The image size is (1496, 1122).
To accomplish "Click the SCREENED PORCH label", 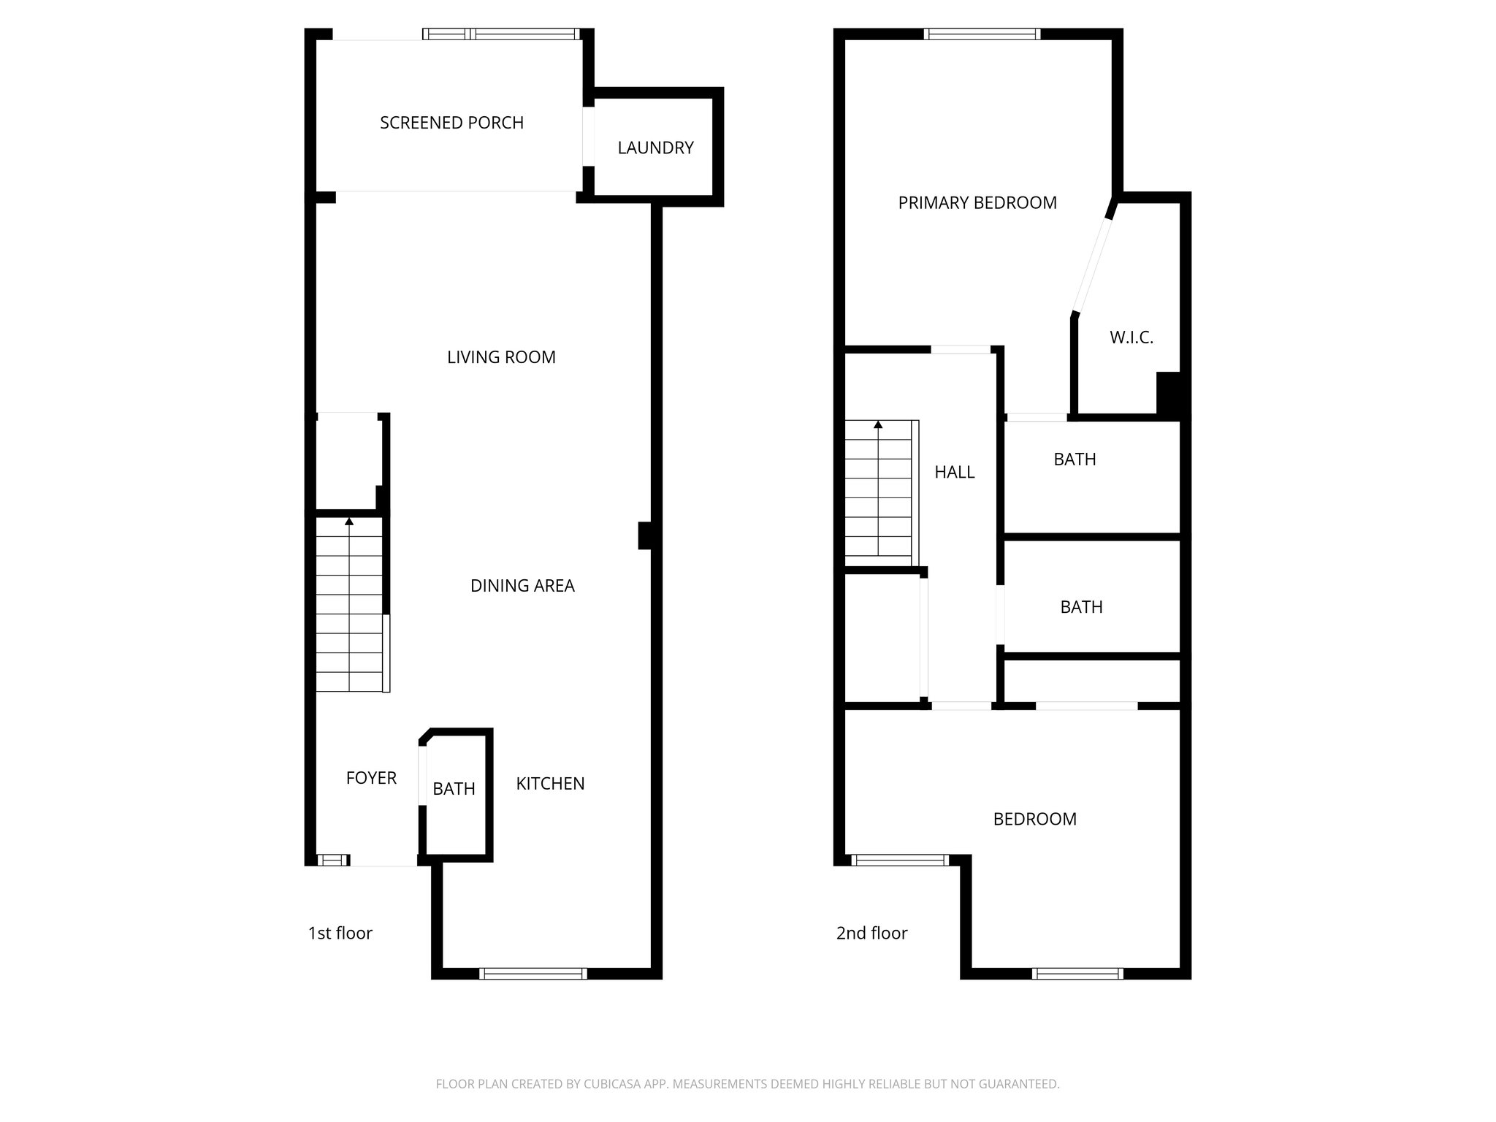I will click(x=451, y=123).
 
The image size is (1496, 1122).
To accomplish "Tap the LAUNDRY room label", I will click(x=655, y=148).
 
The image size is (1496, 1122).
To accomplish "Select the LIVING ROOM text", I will click(x=501, y=357).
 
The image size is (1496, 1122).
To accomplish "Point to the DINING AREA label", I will click(x=522, y=586).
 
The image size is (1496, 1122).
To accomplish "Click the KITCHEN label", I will click(x=550, y=784).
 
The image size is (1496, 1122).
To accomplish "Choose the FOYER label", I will click(x=371, y=778).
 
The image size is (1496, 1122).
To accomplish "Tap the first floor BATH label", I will click(x=454, y=789).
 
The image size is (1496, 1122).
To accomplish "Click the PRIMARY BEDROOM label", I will click(x=977, y=203).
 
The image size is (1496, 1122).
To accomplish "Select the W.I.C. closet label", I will click(x=1131, y=337).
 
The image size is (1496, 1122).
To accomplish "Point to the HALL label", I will click(x=954, y=472).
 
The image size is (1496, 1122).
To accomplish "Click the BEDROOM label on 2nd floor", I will click(x=1034, y=819).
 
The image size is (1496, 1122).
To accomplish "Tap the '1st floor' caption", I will click(x=340, y=934).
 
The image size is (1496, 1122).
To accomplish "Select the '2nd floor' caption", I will click(x=871, y=934).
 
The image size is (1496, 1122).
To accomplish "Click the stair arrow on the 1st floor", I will click(x=349, y=522).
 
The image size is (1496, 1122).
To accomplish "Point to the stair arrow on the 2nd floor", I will click(x=878, y=424).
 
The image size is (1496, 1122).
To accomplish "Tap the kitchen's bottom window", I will click(x=533, y=973).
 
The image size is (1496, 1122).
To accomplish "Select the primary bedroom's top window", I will click(x=981, y=34).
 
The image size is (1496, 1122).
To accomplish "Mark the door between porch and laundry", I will click(x=587, y=137).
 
